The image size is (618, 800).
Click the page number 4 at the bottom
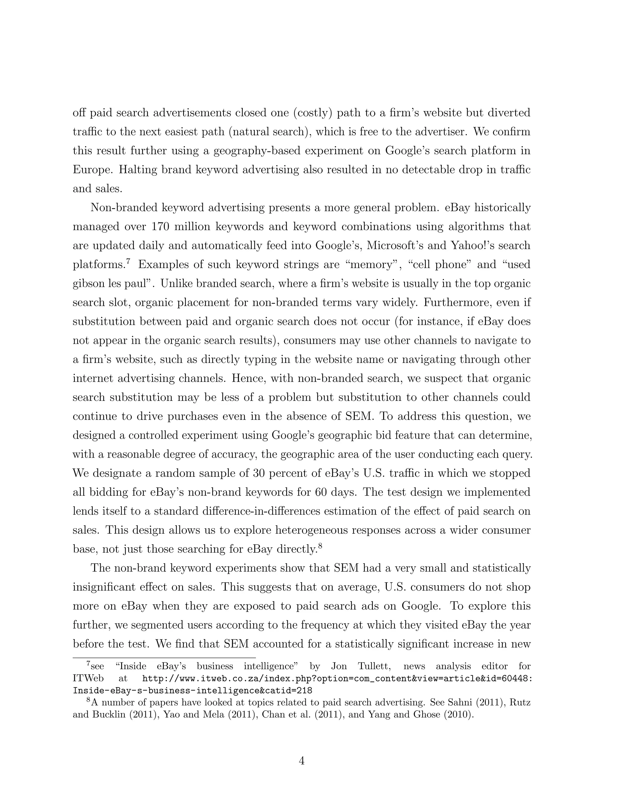(302, 761)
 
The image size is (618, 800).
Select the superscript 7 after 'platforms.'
(128, 261)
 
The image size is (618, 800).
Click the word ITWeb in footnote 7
(88, 678)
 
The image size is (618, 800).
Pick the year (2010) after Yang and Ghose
(458, 715)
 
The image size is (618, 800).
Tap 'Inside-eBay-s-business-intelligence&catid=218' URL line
(193, 690)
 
